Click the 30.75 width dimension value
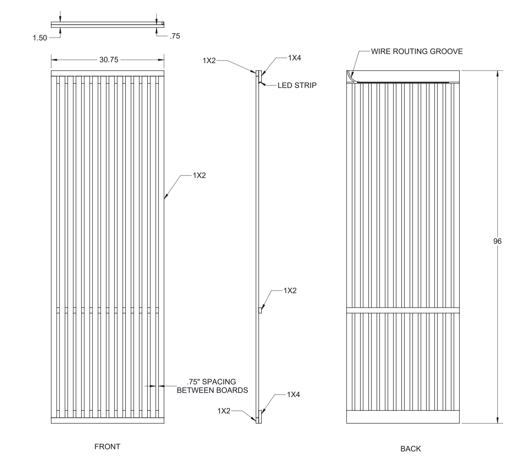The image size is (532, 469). (x=109, y=60)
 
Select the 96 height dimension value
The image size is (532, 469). (x=497, y=241)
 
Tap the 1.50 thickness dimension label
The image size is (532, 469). (x=40, y=38)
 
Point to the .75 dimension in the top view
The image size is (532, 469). (x=175, y=36)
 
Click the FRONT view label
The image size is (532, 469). (x=107, y=447)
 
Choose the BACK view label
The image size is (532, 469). (x=410, y=449)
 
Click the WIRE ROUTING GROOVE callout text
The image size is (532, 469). (x=417, y=52)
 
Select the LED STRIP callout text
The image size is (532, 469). (x=297, y=85)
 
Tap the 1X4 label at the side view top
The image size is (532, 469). (x=294, y=58)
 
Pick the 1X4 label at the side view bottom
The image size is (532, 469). (x=293, y=394)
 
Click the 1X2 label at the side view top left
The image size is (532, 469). (x=209, y=61)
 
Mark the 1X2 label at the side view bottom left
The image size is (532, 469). (x=224, y=411)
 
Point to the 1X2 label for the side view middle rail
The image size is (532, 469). (x=290, y=291)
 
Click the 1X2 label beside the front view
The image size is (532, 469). (x=199, y=175)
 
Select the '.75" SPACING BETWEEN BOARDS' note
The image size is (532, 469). (x=212, y=386)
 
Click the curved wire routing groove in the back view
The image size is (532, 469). (x=351, y=76)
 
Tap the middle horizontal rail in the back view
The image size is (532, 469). (x=403, y=310)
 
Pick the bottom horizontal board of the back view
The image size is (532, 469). (x=403, y=417)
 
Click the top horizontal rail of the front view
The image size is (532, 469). (x=107, y=73)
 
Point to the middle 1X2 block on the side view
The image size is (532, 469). (x=260, y=310)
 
